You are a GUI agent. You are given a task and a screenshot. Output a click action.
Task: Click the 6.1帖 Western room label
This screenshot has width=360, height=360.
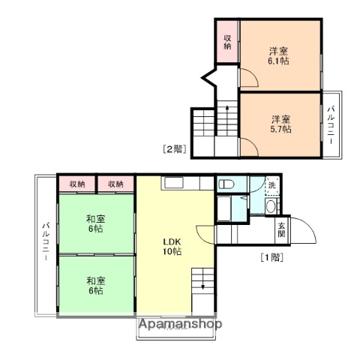(280, 56)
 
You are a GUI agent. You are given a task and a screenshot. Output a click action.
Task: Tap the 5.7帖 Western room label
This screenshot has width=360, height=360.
(280, 124)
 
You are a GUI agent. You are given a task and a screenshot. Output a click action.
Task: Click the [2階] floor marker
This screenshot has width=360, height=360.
(175, 148)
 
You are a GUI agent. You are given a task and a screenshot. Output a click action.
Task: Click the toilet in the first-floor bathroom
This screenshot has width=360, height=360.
(226, 184)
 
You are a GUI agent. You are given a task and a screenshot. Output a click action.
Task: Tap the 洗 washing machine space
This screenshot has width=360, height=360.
(271, 184)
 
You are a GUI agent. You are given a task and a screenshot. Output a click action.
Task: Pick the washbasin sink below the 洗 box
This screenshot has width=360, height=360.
(271, 206)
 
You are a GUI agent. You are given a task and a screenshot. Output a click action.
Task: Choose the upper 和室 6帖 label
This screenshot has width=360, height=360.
(95, 223)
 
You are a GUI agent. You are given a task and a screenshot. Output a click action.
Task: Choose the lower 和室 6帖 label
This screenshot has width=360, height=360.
(95, 286)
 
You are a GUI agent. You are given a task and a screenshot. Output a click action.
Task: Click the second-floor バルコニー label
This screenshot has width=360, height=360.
(331, 124)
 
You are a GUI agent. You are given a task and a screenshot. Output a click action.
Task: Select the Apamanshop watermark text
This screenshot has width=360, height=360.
(179, 325)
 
